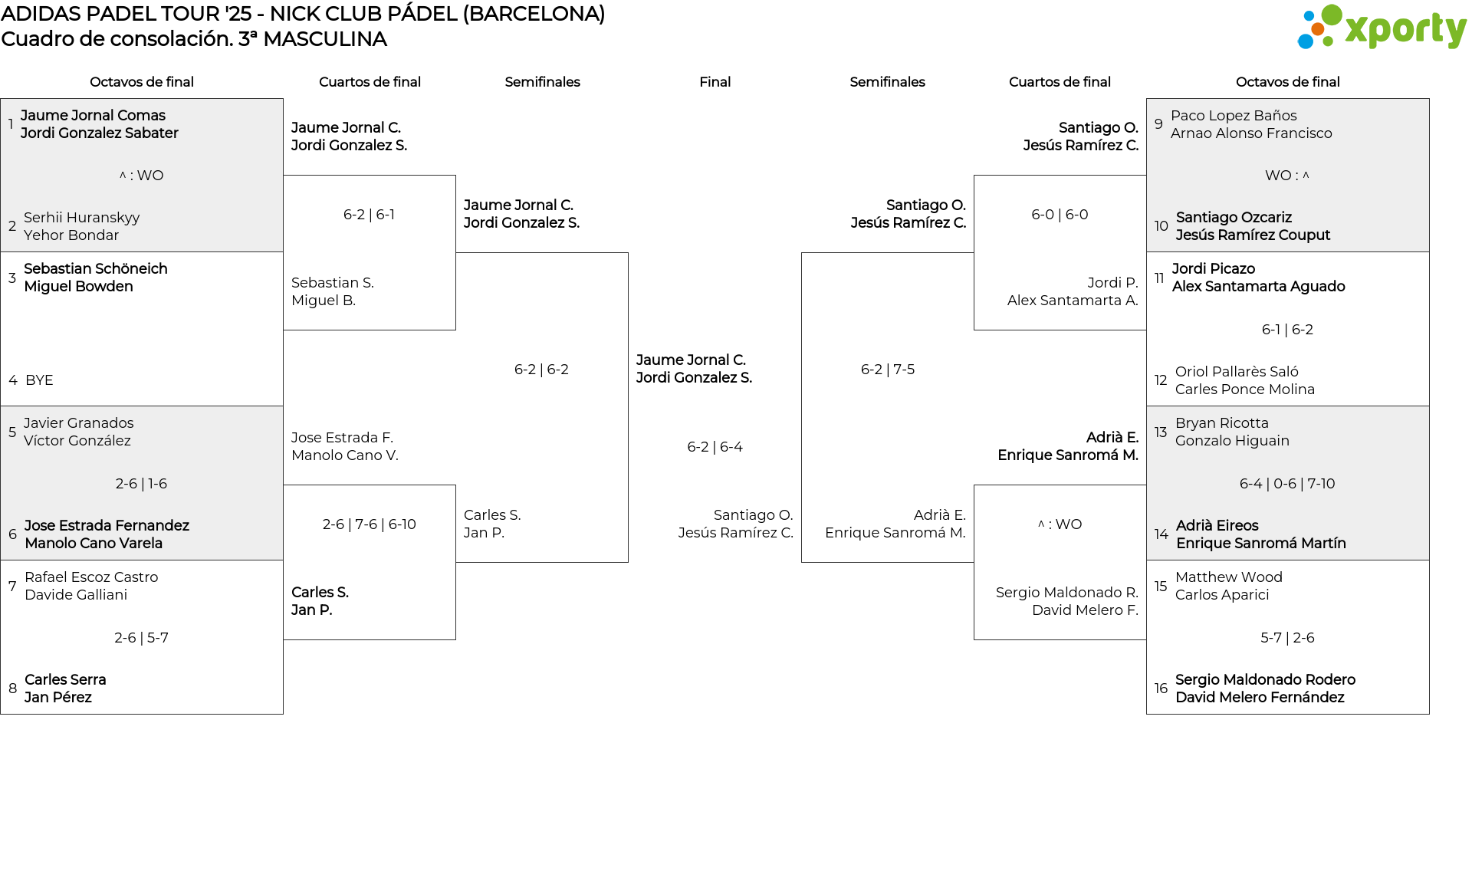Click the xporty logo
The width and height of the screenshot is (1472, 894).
click(1382, 28)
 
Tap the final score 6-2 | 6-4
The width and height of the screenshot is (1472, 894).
click(715, 447)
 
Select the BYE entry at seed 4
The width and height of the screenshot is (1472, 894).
click(39, 380)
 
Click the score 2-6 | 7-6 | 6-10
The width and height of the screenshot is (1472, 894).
click(369, 524)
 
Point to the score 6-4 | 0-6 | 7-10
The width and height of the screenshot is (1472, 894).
click(1287, 484)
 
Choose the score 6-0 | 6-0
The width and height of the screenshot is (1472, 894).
click(1060, 215)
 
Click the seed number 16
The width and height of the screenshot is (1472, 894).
click(1161, 689)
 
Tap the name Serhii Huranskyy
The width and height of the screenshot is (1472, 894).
click(81, 218)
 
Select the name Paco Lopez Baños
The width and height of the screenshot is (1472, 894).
click(1234, 116)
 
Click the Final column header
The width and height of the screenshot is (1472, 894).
click(715, 82)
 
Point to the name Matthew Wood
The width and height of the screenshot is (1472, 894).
click(1228, 577)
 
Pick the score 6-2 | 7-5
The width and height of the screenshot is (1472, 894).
click(887, 370)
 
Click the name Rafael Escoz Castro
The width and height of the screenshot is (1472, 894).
click(91, 577)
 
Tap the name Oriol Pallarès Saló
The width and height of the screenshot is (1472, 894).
click(1237, 372)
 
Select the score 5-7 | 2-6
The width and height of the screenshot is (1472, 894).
click(1287, 638)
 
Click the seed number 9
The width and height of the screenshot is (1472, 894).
click(1158, 123)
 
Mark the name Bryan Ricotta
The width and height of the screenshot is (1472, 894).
click(1221, 423)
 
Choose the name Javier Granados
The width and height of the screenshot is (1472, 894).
click(78, 423)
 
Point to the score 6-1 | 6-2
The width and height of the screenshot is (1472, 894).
click(1287, 330)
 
